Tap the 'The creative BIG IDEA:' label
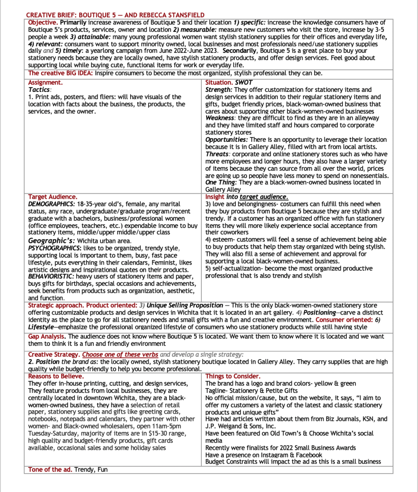pyautogui.click(x=61, y=73)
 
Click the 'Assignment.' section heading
pyautogui.click(x=45, y=83)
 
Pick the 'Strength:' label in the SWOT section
pyautogui.click(x=219, y=89)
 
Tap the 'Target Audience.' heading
pyautogui.click(x=52, y=197)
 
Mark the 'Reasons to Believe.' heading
pyautogui.click(x=56, y=376)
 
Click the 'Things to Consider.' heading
pyautogui.click(x=233, y=376)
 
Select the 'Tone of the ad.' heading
pyautogui.click(x=50, y=469)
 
